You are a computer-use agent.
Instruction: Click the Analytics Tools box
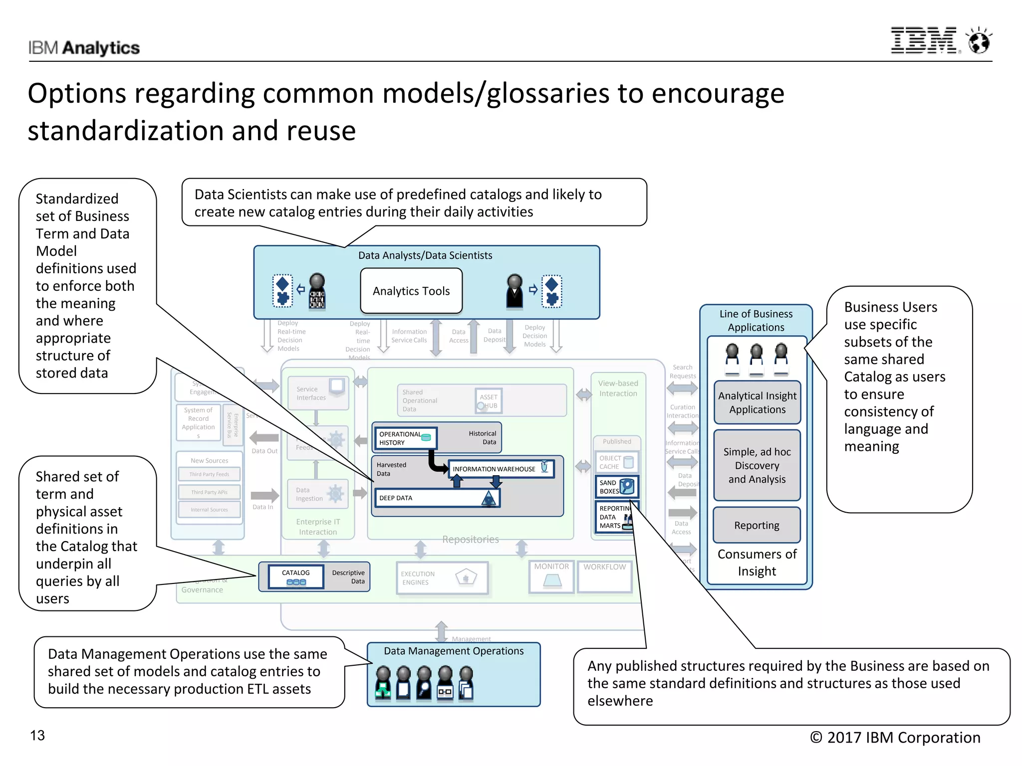pos(411,291)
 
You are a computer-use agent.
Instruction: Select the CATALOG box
pos(296,577)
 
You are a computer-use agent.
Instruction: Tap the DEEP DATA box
pos(437,498)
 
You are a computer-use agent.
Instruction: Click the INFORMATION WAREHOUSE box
pos(501,469)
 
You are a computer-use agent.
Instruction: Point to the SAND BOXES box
pos(616,487)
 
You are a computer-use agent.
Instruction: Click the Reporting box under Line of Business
pos(757,525)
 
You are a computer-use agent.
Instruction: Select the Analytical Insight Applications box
pos(757,402)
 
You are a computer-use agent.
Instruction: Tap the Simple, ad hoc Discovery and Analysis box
pos(757,465)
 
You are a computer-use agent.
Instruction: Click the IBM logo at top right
pos(924,41)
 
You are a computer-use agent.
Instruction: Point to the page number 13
pos(37,736)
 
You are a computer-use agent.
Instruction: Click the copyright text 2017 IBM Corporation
pos(895,738)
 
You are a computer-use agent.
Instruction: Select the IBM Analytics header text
pos(84,48)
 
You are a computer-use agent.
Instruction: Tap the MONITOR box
pos(551,577)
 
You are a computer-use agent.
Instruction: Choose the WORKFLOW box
pos(604,577)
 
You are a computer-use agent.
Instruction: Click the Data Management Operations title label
pos(454,651)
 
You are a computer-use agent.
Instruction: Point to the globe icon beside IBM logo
pos(979,41)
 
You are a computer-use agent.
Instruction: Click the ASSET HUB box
pos(489,401)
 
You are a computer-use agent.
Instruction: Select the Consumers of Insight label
pos(757,563)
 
